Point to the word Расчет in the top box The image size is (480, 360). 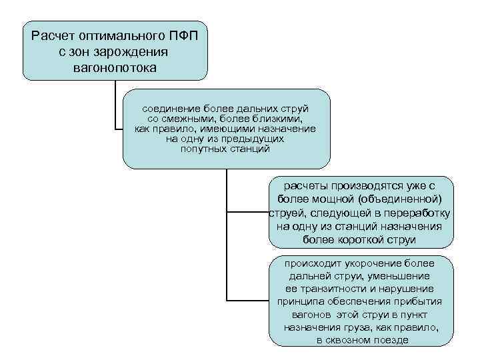pyautogui.click(x=54, y=35)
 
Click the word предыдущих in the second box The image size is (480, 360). pyautogui.click(x=251, y=139)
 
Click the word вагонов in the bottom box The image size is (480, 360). pyautogui.click(x=313, y=314)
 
